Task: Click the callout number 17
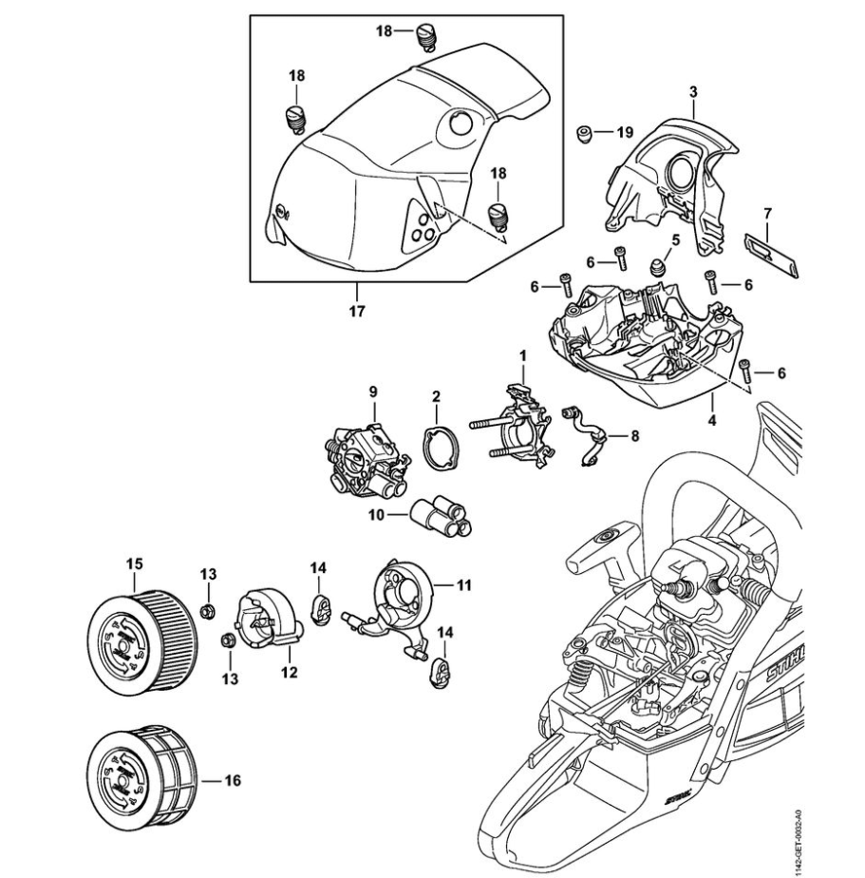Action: pos(356,310)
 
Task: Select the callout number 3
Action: pos(693,92)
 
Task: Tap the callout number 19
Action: pos(624,132)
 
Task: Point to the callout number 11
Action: pos(464,584)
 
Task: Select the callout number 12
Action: pos(289,673)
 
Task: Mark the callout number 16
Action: pos(233,781)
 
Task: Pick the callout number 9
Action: pos(374,391)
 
